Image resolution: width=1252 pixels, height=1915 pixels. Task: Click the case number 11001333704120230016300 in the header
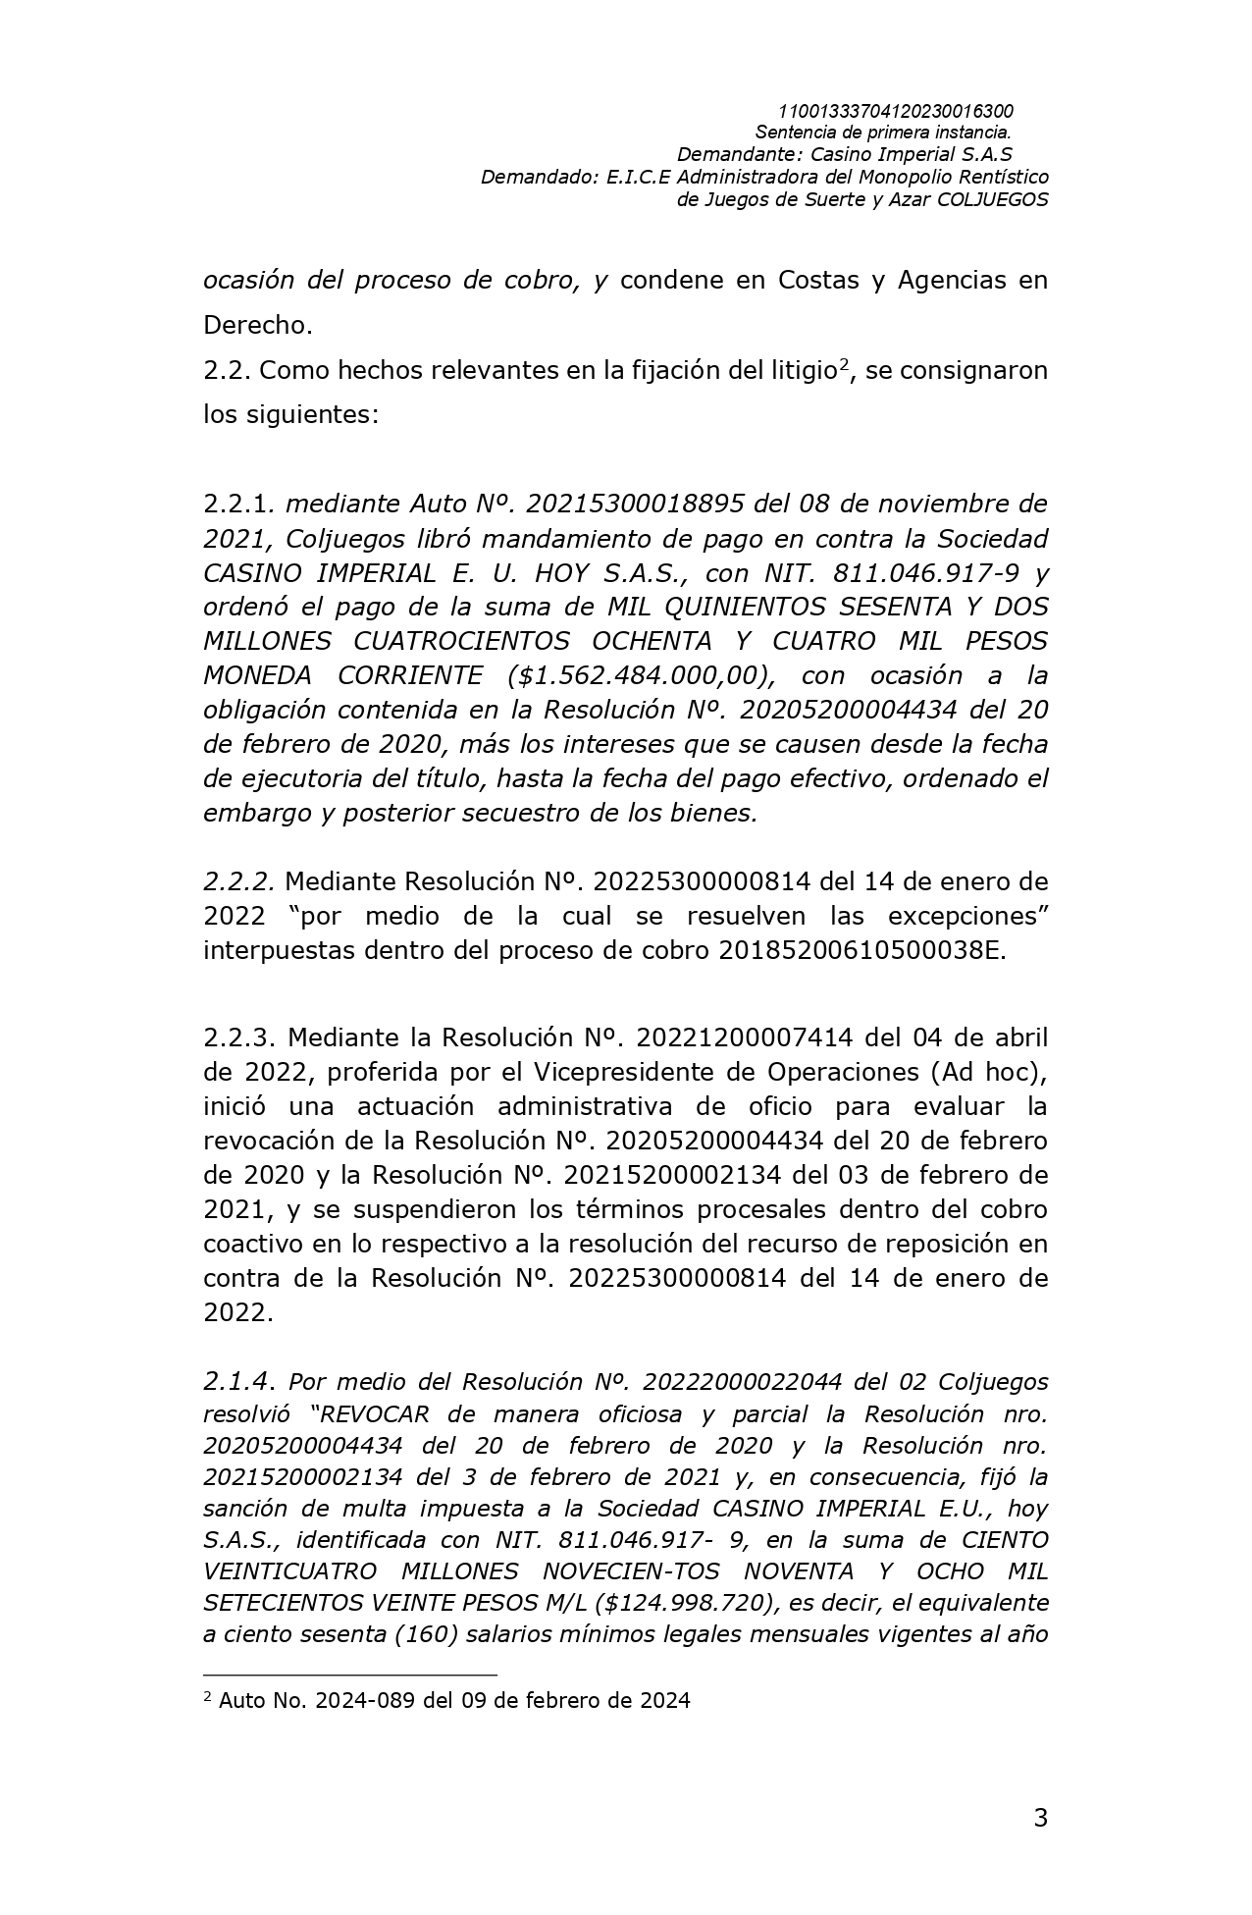tap(895, 112)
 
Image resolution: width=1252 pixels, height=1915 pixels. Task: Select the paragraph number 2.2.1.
tap(240, 505)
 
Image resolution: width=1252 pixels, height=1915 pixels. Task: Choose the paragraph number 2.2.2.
tap(238, 882)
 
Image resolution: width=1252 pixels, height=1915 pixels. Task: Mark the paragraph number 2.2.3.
tap(241, 1038)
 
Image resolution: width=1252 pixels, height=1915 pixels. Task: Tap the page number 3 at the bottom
tap(1040, 1819)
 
